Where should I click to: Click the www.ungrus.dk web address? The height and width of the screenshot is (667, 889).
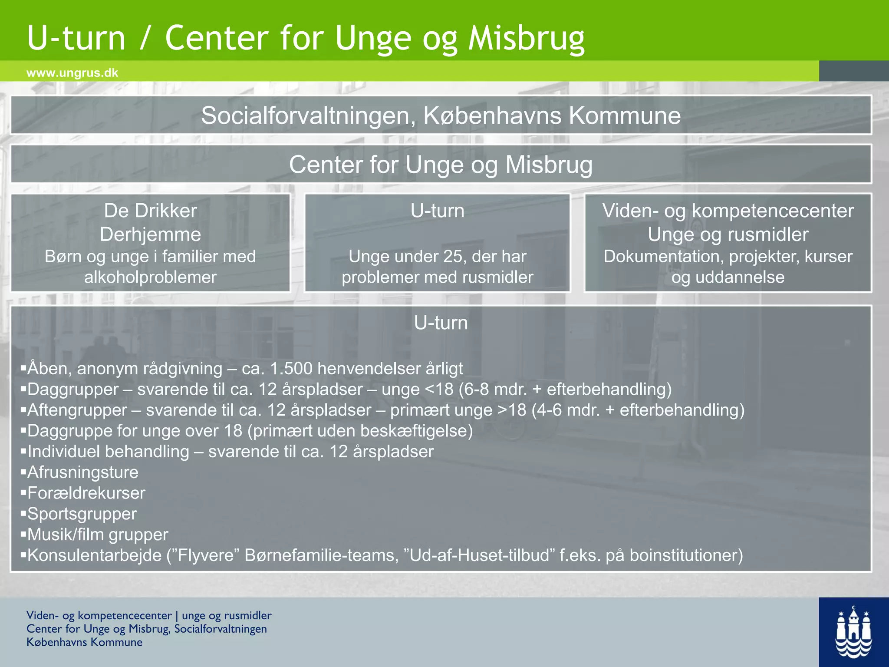(72, 73)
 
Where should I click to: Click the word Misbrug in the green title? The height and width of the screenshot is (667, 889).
(526, 38)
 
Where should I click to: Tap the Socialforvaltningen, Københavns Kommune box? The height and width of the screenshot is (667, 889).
(441, 116)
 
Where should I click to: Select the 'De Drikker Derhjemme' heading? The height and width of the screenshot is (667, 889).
(150, 222)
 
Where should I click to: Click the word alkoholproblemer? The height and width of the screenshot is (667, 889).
(150, 277)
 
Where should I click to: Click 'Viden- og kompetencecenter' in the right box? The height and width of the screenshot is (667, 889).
(728, 211)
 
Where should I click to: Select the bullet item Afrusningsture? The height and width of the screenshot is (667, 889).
(82, 472)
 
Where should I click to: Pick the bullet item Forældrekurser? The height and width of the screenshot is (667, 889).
(86, 493)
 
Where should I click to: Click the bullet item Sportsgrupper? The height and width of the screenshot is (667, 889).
(82, 514)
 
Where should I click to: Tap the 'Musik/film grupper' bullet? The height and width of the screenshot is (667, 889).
(97, 535)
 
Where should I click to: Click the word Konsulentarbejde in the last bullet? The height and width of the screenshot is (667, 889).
(94, 556)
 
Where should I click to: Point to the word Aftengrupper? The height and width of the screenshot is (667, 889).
(77, 410)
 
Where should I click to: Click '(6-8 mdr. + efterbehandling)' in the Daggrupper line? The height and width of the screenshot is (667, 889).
(565, 390)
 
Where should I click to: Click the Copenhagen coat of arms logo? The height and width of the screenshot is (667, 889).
(853, 632)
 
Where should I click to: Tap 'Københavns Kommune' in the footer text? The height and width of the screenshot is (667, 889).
(84, 642)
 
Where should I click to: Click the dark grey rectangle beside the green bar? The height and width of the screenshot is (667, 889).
(853, 71)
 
